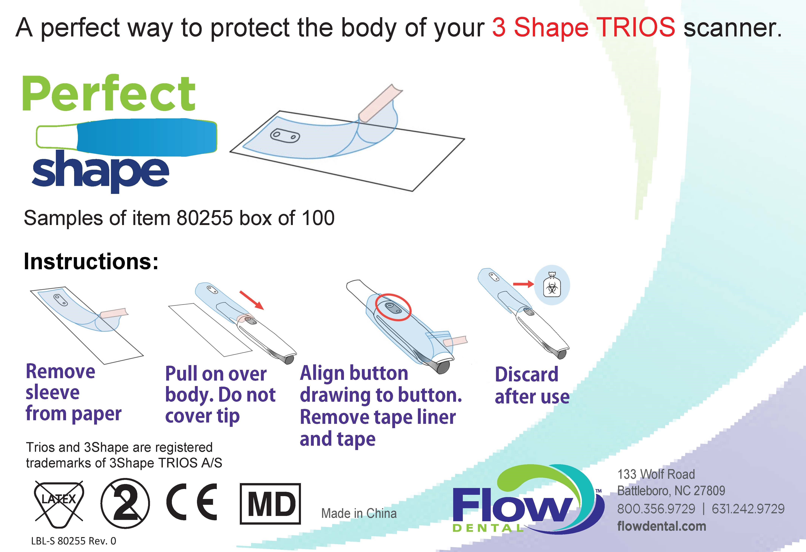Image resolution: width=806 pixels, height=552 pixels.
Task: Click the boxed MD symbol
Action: (x=270, y=504)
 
